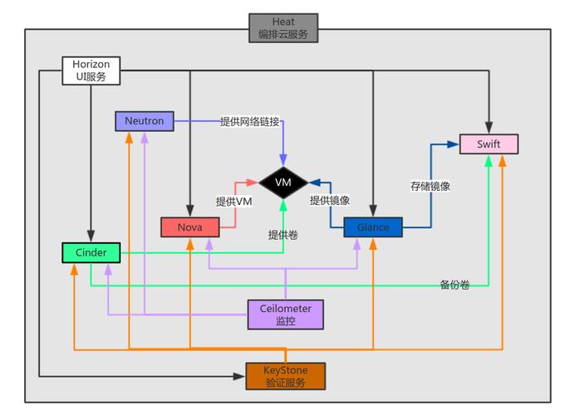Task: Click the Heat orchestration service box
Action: click(283, 27)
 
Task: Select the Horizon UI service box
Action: click(91, 71)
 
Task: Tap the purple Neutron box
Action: click(144, 121)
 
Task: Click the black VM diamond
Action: click(283, 182)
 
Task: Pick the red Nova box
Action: click(189, 227)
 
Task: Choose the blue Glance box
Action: click(373, 227)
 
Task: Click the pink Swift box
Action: click(489, 144)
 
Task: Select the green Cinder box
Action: click(91, 251)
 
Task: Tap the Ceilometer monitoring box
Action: click(285, 314)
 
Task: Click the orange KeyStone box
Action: click(285, 376)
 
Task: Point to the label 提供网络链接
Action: click(249, 121)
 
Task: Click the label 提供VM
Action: click(234, 201)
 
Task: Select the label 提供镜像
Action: click(329, 200)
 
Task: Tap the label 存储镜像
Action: click(430, 186)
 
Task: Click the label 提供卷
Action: click(283, 235)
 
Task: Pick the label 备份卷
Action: click(455, 285)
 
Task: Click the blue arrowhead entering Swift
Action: click(454, 144)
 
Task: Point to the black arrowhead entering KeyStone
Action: click(240, 376)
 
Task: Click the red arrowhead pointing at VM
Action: click(254, 182)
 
